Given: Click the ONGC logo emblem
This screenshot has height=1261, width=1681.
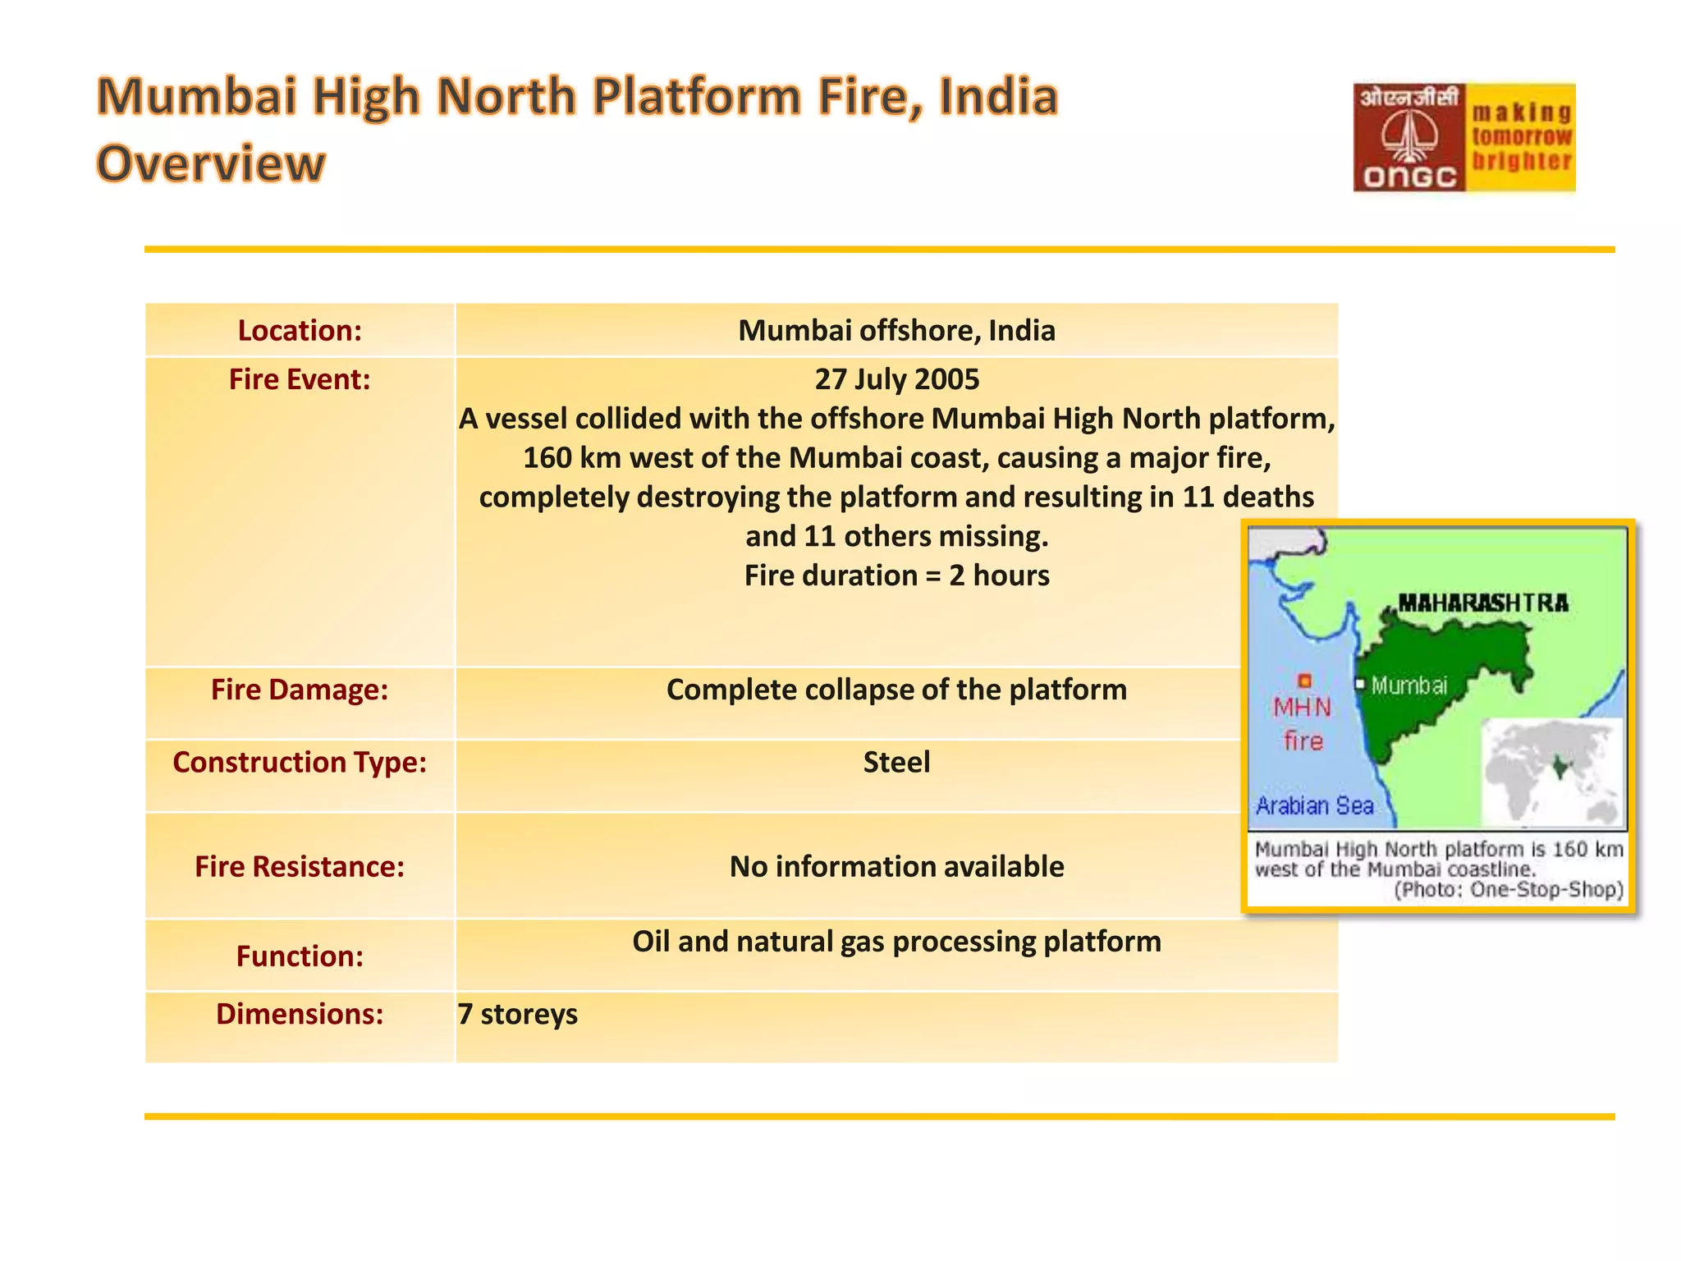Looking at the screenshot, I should [x=1408, y=136].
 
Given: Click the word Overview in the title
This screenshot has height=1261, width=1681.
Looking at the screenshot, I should [x=211, y=163].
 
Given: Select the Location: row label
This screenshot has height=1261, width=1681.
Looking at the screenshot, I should [x=300, y=330].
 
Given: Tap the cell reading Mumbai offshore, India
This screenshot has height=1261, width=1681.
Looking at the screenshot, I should [x=896, y=330].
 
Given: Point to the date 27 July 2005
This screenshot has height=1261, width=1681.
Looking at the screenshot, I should [x=896, y=379].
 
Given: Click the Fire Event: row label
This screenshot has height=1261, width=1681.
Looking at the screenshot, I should [x=300, y=379].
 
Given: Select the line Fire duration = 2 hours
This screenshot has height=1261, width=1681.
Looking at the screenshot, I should [x=896, y=575].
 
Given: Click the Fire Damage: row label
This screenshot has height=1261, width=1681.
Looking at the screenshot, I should [x=300, y=690].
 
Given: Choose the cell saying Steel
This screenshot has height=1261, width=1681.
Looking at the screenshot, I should [x=896, y=762].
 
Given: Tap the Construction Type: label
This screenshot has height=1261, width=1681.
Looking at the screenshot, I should [x=300, y=762].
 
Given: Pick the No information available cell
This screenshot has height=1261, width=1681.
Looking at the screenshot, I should [x=896, y=866].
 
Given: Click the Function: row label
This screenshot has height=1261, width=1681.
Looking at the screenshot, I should [x=300, y=956].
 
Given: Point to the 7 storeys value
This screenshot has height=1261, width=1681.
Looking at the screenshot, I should [x=518, y=1014].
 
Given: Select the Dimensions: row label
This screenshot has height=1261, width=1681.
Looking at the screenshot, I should [x=300, y=1014].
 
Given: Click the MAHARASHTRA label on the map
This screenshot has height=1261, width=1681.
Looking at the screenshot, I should [x=1482, y=603].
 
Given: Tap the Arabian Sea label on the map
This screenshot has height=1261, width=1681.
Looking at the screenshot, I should [x=1314, y=805].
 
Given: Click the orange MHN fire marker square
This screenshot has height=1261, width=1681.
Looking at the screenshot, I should [x=1304, y=681].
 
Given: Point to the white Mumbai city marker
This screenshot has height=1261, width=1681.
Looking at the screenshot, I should [x=1360, y=684].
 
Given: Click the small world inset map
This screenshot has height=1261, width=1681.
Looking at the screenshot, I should [x=1551, y=772].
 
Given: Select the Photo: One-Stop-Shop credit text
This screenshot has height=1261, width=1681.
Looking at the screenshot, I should [x=1509, y=890].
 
